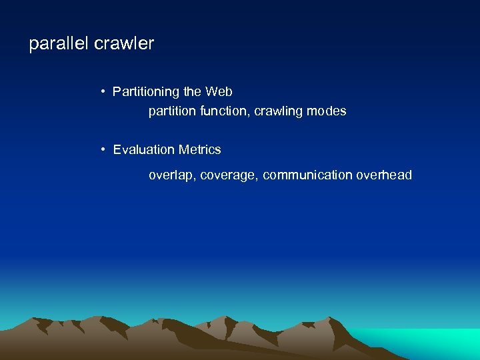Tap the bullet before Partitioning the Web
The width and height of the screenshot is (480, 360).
pyautogui.click(x=104, y=91)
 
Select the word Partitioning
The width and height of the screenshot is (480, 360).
pyautogui.click(x=147, y=92)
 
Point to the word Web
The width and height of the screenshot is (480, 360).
pyautogui.click(x=219, y=91)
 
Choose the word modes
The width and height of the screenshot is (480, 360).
pyautogui.click(x=327, y=111)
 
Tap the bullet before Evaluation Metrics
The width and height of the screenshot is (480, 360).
pyautogui.click(x=104, y=149)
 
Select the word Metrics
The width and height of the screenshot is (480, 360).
pyautogui.click(x=199, y=150)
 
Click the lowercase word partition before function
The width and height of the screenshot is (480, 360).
pyautogui.click(x=171, y=111)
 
